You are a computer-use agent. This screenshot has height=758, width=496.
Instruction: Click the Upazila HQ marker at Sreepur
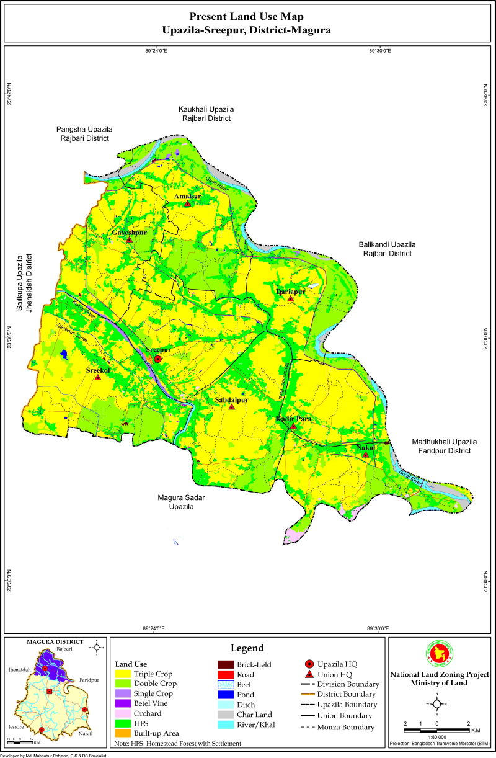(x=158, y=359)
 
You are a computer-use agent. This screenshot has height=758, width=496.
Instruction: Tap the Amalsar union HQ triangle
(x=187, y=203)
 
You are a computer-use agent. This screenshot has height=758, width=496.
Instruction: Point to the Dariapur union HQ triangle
(x=290, y=299)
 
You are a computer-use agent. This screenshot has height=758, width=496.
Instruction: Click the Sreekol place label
(x=98, y=370)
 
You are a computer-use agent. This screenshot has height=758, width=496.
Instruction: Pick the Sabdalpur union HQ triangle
(x=232, y=408)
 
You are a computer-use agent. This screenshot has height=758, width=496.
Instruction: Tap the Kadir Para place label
(x=293, y=419)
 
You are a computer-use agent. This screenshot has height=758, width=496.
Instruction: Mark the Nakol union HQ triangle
(x=365, y=455)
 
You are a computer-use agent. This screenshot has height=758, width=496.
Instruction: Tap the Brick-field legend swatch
(x=226, y=664)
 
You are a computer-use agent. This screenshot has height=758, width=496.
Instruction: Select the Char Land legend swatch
(x=226, y=715)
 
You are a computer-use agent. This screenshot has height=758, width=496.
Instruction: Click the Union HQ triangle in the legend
(x=309, y=674)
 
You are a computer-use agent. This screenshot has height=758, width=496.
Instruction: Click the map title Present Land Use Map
(x=246, y=16)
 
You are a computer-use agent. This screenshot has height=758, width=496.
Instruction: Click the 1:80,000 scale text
(x=436, y=733)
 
